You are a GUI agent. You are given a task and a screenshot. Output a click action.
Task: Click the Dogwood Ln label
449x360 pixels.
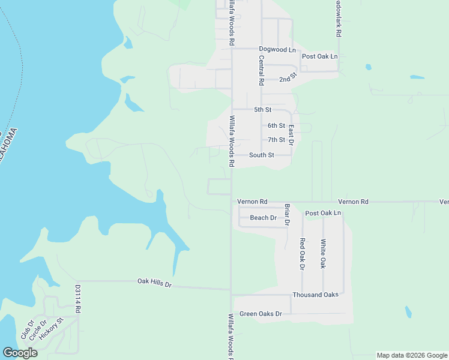pyautogui.click(x=277, y=49)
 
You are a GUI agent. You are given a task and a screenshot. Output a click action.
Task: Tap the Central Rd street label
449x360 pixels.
pyautogui.click(x=261, y=70)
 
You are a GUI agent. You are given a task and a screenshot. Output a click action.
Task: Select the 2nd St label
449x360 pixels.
pyautogui.click(x=288, y=79)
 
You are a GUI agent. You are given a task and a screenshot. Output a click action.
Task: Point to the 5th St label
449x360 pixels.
pyautogui.click(x=263, y=110)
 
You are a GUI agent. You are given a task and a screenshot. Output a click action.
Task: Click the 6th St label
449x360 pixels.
pyautogui.click(x=276, y=125)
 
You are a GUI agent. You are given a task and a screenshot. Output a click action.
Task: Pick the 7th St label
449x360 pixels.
pyautogui.click(x=276, y=140)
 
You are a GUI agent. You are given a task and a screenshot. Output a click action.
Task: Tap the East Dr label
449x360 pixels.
pyautogui.click(x=291, y=136)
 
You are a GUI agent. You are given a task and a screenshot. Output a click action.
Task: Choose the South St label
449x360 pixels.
pyautogui.click(x=262, y=155)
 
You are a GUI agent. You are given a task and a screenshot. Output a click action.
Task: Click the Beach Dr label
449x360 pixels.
pyautogui.click(x=263, y=218)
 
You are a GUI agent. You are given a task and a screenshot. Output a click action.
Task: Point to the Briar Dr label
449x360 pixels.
pyautogui.click(x=287, y=214)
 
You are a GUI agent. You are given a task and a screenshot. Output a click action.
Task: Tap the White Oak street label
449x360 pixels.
pyautogui.click(x=323, y=253)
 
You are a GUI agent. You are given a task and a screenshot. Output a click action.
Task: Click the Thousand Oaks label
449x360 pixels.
pyautogui.click(x=315, y=295)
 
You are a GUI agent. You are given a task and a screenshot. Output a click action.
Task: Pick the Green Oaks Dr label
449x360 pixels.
pyautogui.click(x=261, y=314)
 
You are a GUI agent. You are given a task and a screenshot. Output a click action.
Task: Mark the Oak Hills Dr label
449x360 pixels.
pyautogui.click(x=154, y=281)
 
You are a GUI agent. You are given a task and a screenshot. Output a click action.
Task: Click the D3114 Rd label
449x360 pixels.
pyautogui.click(x=78, y=299)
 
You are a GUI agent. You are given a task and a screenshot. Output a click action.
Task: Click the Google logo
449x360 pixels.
pyautogui.click(x=20, y=353)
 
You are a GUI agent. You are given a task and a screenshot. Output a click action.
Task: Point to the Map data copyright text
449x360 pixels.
pyautogui.click(x=411, y=355)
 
